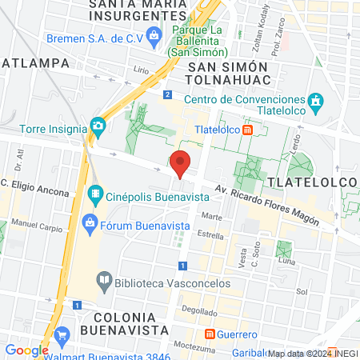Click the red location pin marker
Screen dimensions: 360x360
(x=181, y=162)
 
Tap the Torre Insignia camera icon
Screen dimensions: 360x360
(x=98, y=126)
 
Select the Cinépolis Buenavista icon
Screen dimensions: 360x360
(x=95, y=194)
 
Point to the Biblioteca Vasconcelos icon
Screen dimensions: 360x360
(x=104, y=280)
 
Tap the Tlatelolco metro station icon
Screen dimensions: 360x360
(x=248, y=129)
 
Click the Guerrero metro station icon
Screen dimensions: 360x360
(x=210, y=333)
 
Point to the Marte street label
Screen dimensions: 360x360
(x=212, y=217)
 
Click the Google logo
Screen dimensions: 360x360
(x=26, y=350)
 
